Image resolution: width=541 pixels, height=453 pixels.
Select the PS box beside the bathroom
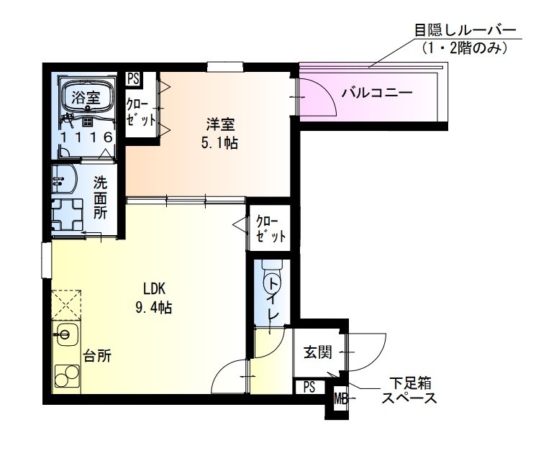[x=133, y=78]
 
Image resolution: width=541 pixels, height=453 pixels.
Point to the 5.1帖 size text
[x=220, y=142]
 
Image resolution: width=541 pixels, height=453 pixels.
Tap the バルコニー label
[x=376, y=93]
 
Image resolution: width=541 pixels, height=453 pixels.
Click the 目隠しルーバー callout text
[x=465, y=31]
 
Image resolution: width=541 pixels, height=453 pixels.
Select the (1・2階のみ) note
[x=465, y=49]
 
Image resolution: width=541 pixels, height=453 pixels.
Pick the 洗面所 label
[x=101, y=198]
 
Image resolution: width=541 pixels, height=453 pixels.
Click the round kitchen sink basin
[x=65, y=334]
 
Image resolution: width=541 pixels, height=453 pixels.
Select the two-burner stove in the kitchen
[x=67, y=376]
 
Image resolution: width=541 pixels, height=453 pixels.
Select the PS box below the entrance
[x=309, y=387]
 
